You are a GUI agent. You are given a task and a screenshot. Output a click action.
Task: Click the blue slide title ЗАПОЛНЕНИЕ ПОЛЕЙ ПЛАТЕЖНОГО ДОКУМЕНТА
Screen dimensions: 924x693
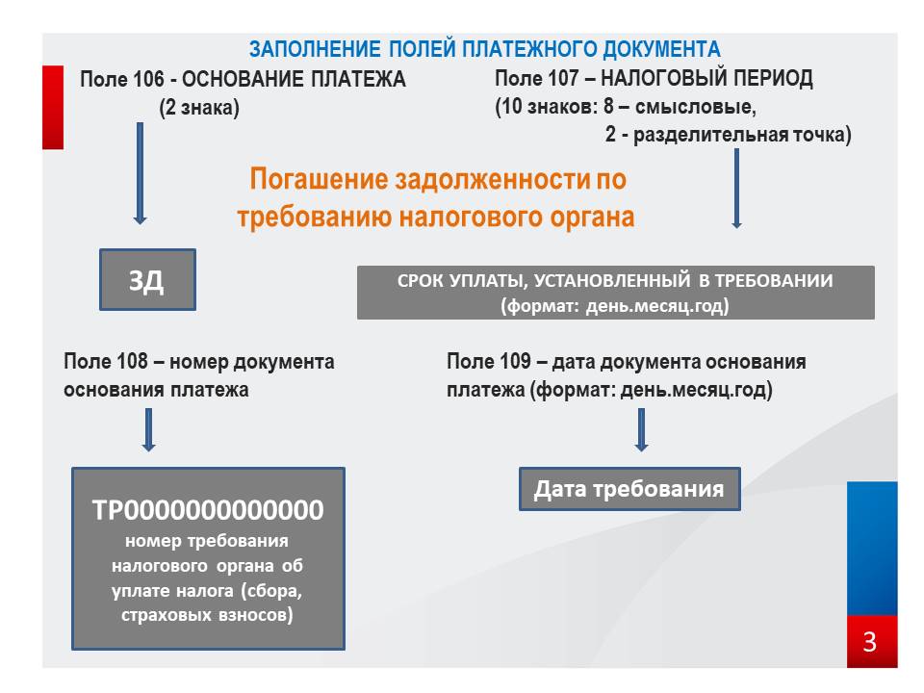pos(484,49)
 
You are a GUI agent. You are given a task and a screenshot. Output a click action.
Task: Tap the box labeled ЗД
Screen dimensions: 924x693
pos(147,279)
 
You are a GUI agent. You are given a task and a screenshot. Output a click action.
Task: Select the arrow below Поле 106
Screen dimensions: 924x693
pos(140,173)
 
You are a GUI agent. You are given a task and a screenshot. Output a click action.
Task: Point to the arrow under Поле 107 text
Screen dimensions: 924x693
pos(736,188)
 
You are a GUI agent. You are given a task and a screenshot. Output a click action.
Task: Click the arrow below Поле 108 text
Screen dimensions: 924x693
pos(148,430)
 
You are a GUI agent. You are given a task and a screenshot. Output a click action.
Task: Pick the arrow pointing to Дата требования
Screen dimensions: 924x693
pos(642,430)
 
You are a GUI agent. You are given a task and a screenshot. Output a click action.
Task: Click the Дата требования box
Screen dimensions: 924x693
pos(629,489)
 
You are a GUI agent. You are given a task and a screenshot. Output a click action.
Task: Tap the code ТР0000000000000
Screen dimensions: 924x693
pos(208,510)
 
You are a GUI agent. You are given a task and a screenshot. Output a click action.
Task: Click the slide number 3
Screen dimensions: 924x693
pos(870,642)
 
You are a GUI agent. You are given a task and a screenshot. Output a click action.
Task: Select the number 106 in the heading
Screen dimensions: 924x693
pos(148,79)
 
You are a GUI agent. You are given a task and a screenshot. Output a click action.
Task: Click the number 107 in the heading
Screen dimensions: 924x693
pos(563,78)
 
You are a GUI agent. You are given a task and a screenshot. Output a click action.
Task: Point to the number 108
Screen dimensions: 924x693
pos(132,361)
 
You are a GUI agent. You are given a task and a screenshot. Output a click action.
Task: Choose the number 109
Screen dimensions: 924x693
pos(515,361)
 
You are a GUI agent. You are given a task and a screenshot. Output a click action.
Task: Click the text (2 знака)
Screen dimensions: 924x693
pos(199,108)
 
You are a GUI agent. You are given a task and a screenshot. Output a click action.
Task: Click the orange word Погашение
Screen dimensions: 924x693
pos(319,179)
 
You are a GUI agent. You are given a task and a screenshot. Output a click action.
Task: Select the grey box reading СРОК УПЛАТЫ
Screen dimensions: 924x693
pos(616,293)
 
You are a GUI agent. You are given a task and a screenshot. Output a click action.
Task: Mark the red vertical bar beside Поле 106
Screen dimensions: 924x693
pos(53,107)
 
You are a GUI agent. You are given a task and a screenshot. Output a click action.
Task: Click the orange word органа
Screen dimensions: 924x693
pos(592,217)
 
